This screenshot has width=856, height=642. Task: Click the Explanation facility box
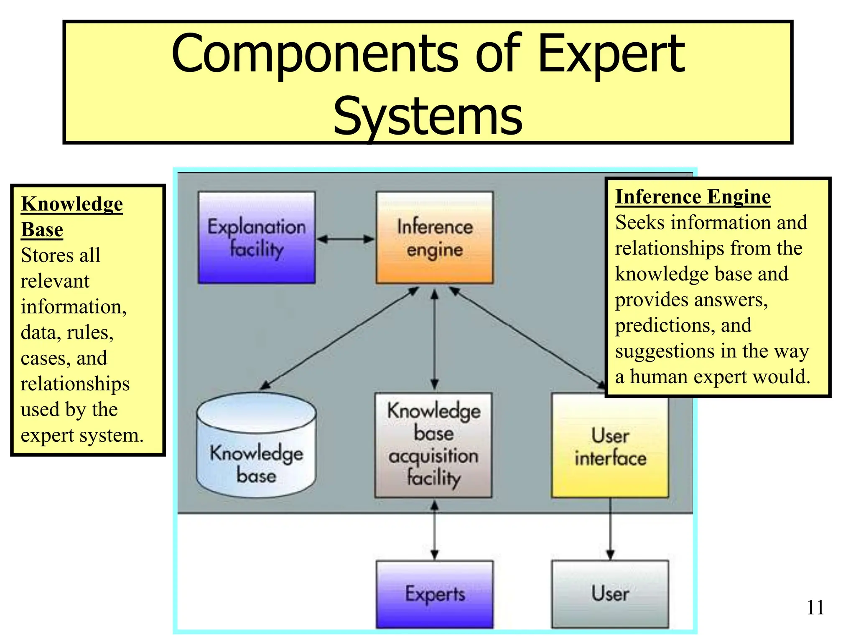257,237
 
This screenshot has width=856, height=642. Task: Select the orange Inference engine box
435,237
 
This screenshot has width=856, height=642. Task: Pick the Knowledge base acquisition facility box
433,445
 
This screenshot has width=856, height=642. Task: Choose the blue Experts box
435,594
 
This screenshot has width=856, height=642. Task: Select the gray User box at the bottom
610,594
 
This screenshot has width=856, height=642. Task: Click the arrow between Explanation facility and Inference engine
346,239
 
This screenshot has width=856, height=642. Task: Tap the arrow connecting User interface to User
610,529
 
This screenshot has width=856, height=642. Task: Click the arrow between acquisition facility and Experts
435,530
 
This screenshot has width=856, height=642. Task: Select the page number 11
815,608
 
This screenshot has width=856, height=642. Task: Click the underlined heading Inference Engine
693,196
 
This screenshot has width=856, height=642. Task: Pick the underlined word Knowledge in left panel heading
72,204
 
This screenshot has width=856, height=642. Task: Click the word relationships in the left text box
75,384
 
